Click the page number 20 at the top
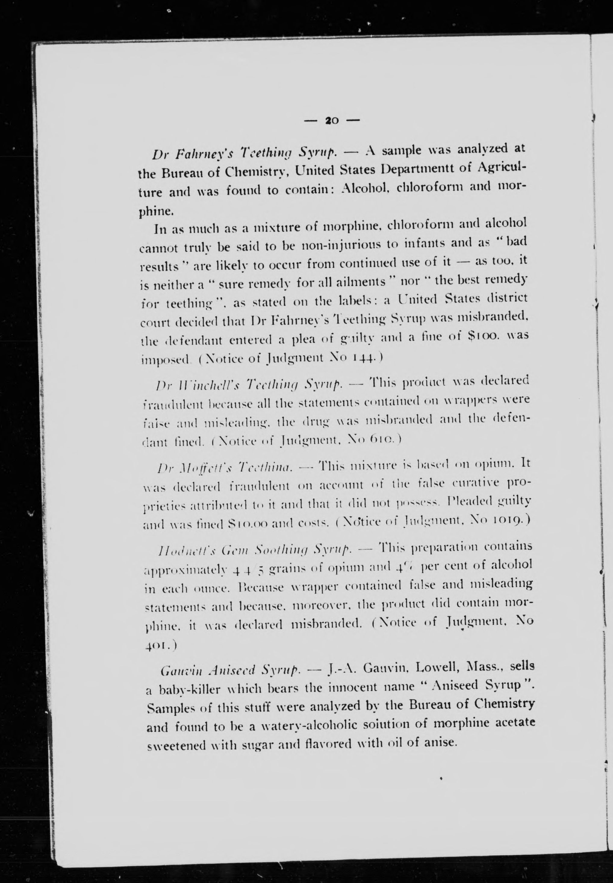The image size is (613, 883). (x=331, y=121)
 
